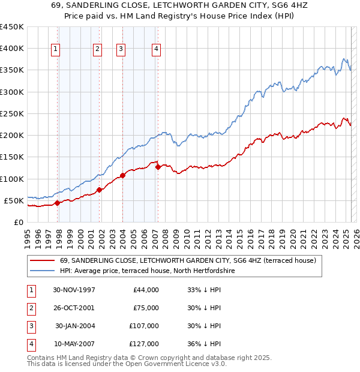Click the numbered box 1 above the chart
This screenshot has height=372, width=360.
tap(56, 50)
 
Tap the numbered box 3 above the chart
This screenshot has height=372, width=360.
tap(121, 50)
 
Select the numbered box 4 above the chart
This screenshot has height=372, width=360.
tap(156, 50)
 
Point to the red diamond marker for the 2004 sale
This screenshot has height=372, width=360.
tap(122, 175)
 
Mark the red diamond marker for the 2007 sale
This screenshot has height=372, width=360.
tap(158, 167)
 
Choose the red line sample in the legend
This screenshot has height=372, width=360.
tap(43, 260)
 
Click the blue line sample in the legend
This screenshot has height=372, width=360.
tap(43, 271)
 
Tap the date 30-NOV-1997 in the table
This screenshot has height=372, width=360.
tap(74, 290)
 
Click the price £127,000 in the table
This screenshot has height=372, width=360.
tap(144, 344)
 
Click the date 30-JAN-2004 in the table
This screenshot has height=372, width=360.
tap(75, 326)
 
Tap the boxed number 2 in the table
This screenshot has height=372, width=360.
tap(29, 308)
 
